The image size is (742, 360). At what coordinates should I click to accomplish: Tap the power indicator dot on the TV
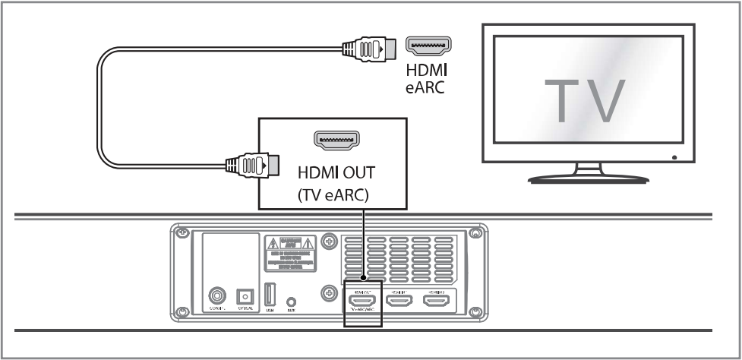(675, 156)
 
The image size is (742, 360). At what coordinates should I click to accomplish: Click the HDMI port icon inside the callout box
(336, 139)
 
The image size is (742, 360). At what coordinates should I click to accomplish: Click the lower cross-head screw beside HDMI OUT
(330, 292)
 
